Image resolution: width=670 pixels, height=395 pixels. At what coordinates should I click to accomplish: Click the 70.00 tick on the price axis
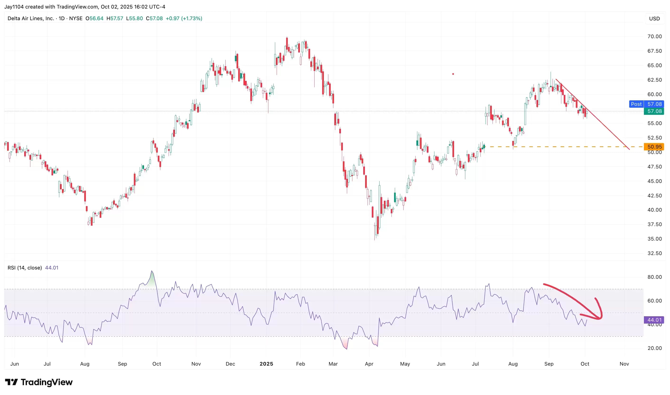click(x=654, y=37)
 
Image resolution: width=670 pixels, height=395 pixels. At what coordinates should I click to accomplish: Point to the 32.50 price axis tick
click(x=654, y=253)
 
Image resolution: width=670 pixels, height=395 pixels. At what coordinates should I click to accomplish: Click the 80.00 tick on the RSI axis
click(x=654, y=277)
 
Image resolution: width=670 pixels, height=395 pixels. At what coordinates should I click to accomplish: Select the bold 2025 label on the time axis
click(x=266, y=364)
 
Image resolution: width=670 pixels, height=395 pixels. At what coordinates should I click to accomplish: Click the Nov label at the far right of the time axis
click(x=624, y=364)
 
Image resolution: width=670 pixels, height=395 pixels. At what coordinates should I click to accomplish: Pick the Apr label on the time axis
click(x=369, y=364)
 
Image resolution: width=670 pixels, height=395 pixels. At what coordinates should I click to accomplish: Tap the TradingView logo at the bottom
click(x=39, y=382)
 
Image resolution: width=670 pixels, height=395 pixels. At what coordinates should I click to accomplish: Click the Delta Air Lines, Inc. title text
click(x=31, y=18)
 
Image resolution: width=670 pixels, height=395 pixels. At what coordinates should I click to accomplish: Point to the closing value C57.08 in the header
click(x=154, y=18)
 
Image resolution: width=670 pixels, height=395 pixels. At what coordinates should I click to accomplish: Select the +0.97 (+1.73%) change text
click(x=184, y=18)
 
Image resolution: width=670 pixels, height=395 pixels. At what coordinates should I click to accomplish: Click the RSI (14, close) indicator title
click(x=24, y=268)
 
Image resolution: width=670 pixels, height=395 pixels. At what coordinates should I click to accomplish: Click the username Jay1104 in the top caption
click(x=14, y=7)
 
